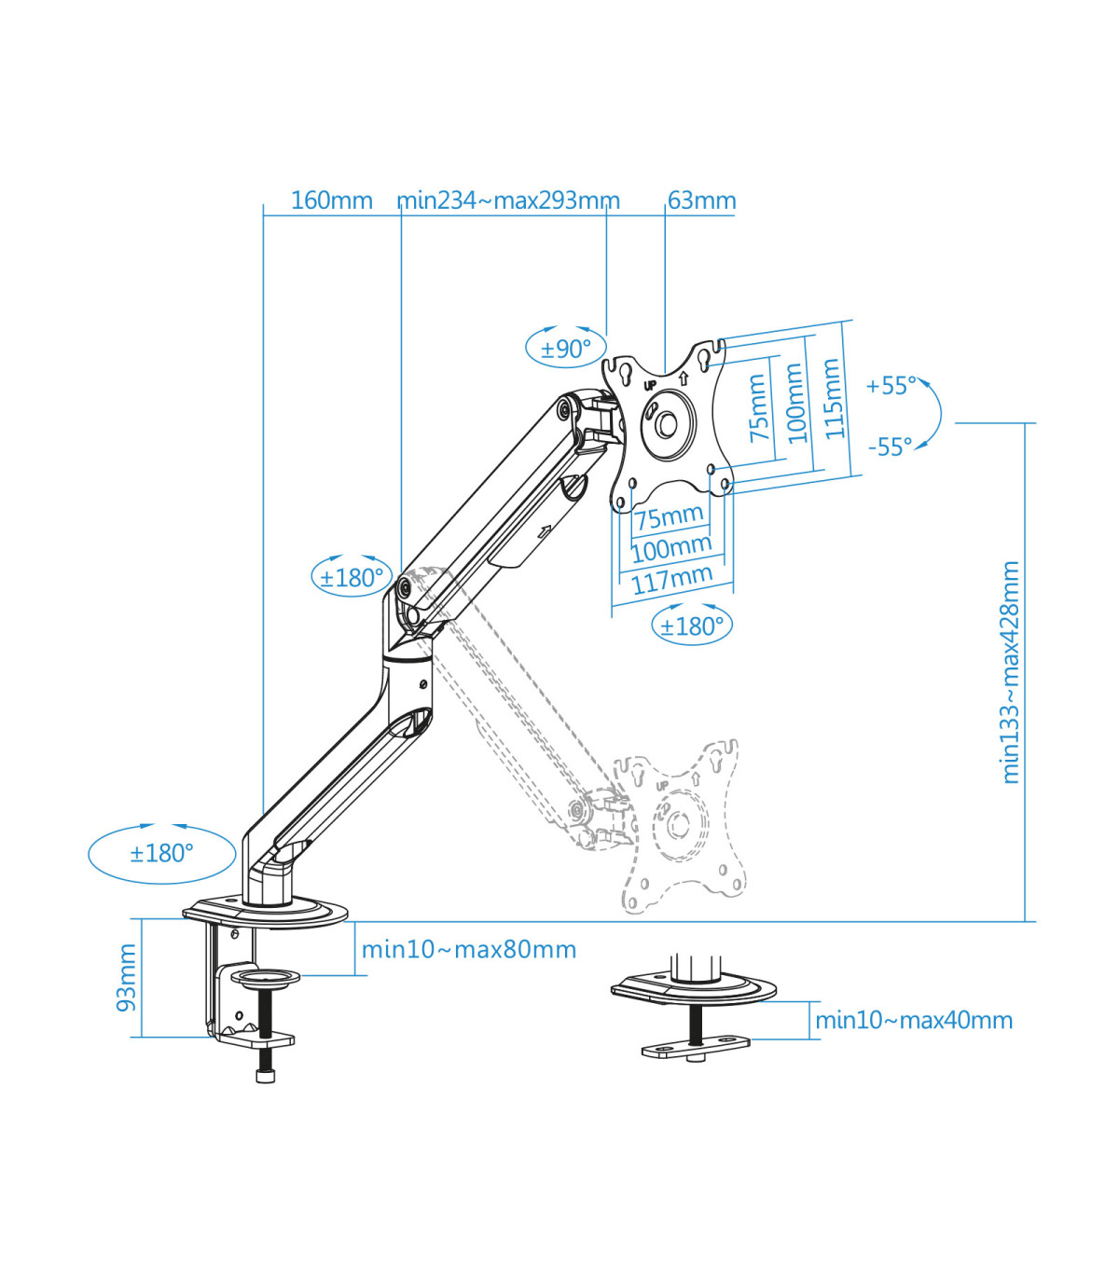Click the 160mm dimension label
331,200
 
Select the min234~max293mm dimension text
508,200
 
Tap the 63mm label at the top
701,200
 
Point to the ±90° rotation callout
565,349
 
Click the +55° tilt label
891,386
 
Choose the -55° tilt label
890,447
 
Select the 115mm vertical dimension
833,399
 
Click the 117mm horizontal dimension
671,580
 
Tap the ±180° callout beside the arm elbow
351,578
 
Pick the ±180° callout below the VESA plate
691,626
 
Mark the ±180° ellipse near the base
161,853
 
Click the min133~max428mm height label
1010,671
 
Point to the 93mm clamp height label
126,977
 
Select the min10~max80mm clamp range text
468,950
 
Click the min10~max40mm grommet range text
914,1021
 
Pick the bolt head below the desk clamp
266,1076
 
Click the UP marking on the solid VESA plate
649,384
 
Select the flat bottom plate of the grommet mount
696,1048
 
